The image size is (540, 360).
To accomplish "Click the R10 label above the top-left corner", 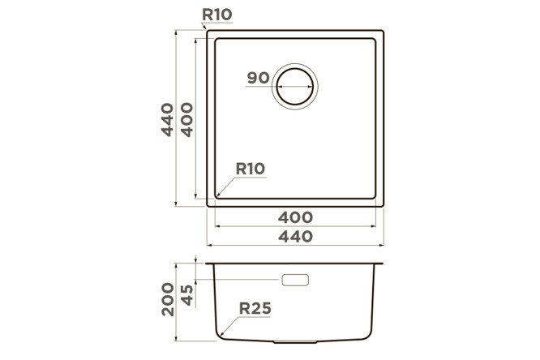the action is pyautogui.click(x=217, y=15).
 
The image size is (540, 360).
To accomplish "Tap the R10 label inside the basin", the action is pyautogui.click(x=251, y=169).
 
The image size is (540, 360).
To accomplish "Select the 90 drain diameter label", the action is pyautogui.click(x=259, y=78).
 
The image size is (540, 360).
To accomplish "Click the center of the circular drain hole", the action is pyautogui.click(x=295, y=87).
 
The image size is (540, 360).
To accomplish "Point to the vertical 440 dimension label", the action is pyautogui.click(x=167, y=119).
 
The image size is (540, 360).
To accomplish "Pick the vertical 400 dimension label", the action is pyautogui.click(x=187, y=119).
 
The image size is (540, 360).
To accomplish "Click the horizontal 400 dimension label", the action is pyautogui.click(x=295, y=217).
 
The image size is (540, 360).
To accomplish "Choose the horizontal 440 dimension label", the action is pyautogui.click(x=295, y=237).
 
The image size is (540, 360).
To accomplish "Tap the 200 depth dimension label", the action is pyautogui.click(x=168, y=299).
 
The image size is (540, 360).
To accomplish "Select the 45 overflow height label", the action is pyautogui.click(x=187, y=295).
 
